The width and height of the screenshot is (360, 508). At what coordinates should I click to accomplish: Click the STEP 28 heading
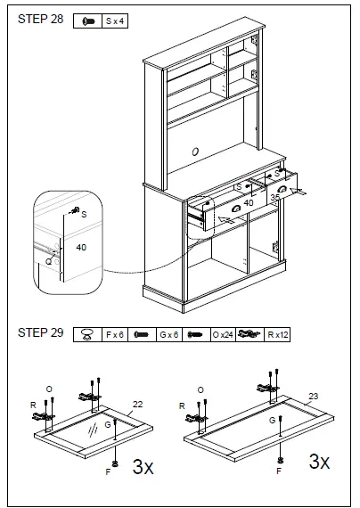coord(40,19)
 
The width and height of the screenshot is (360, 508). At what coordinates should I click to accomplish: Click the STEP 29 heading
coord(40,333)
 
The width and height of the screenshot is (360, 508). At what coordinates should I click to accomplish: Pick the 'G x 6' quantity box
coord(169,335)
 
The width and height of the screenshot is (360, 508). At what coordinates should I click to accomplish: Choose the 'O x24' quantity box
coord(222,335)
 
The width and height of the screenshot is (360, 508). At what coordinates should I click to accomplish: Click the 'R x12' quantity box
coord(280,335)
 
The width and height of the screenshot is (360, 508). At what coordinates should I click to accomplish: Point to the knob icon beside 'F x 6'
coord(87,335)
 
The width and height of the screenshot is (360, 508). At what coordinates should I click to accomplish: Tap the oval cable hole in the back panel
coord(194,152)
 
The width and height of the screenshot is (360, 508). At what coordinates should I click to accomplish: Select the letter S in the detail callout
coord(84,214)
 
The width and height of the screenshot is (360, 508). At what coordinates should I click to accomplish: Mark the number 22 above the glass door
coord(137,405)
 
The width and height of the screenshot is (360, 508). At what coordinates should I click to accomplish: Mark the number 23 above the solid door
coord(312,396)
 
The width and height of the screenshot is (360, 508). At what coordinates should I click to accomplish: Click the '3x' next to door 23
coord(319,462)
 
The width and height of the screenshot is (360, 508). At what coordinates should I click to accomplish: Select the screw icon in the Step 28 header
coord(88,20)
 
